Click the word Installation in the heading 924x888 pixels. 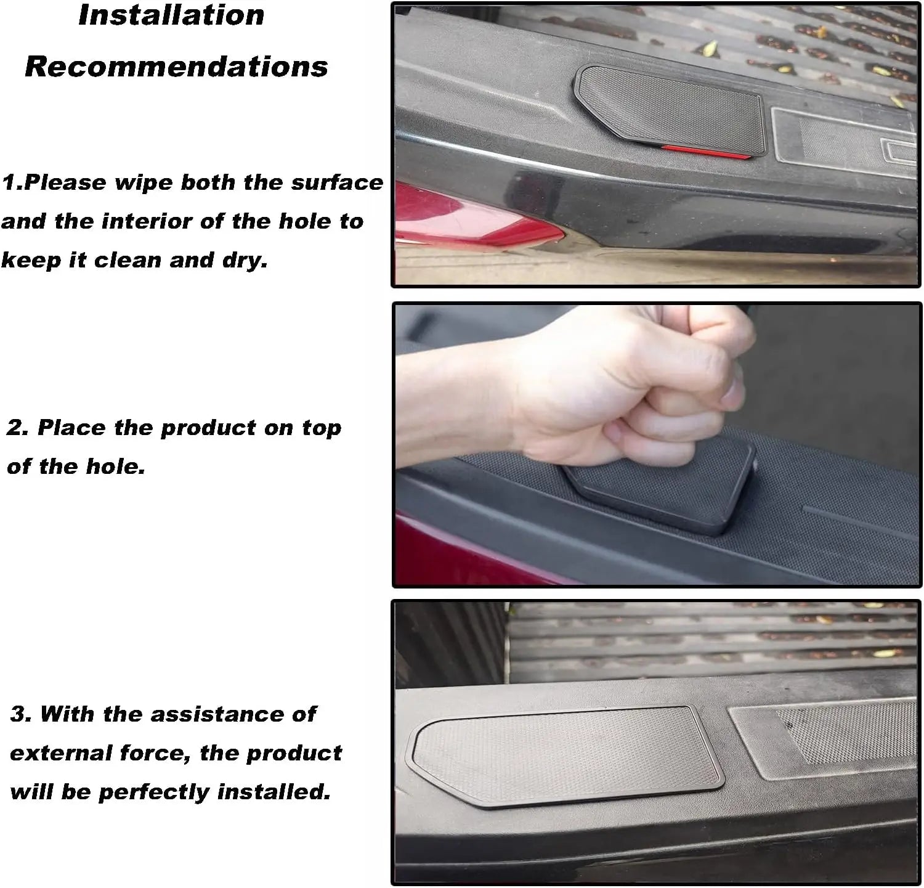point(171,15)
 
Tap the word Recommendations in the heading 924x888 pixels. point(176,66)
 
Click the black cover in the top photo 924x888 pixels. point(671,111)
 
